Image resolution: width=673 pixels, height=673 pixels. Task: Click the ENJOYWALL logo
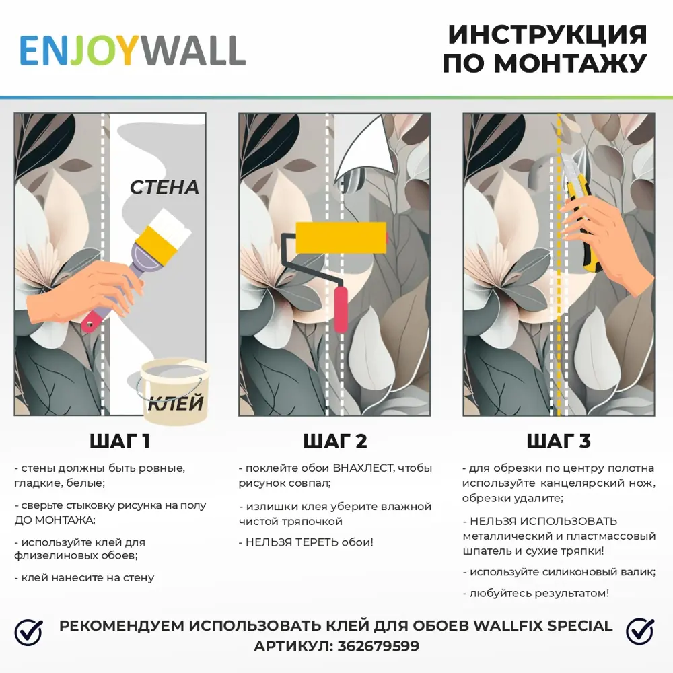[x=132, y=50]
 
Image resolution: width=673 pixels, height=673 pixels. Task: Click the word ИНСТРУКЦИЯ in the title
[x=547, y=34]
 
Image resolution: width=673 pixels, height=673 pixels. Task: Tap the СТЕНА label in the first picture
[x=164, y=187]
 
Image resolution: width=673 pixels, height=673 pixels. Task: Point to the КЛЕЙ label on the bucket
[x=176, y=403]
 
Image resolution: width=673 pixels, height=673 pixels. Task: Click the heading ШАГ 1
[x=120, y=441]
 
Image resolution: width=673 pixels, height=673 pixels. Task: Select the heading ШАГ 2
[x=335, y=441]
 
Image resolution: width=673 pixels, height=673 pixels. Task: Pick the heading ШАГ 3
[x=558, y=441]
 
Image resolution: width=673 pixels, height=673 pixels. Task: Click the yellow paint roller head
[x=341, y=237]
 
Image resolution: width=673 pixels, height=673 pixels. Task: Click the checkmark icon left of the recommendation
[x=28, y=632]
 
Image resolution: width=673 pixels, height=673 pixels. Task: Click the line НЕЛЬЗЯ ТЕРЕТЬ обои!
[x=306, y=542]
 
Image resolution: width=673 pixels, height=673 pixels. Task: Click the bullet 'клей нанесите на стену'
[x=84, y=577]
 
